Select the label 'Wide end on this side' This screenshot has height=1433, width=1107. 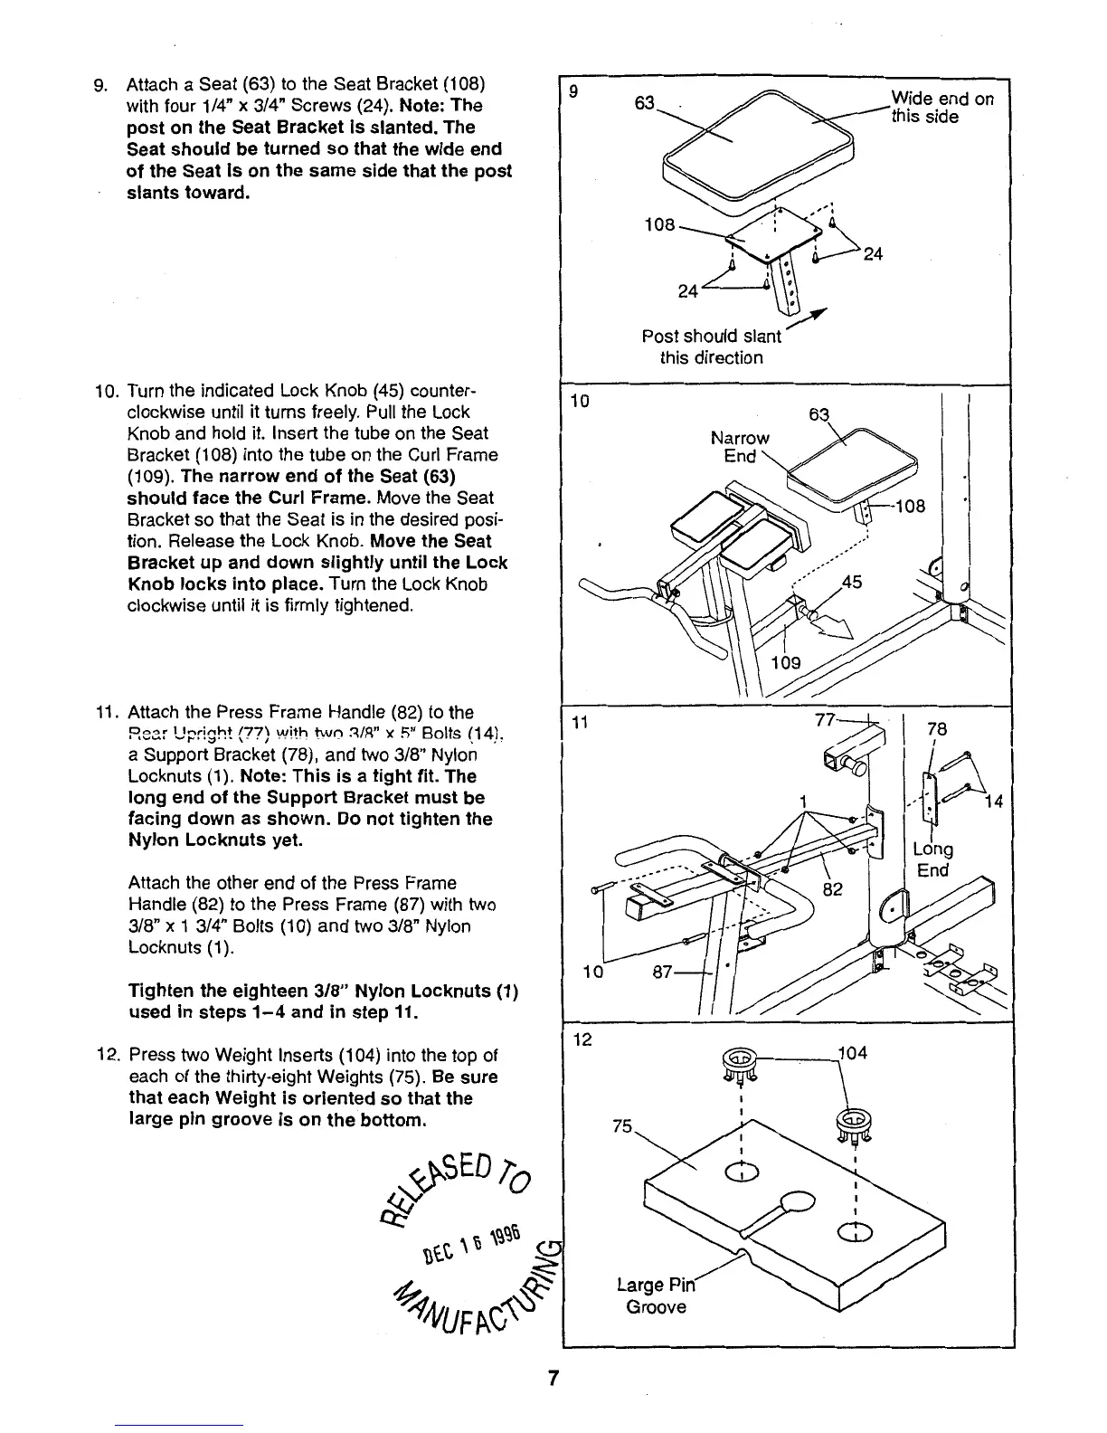coord(941,107)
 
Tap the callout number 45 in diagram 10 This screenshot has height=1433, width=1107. coord(852,584)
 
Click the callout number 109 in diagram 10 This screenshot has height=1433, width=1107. coord(785,662)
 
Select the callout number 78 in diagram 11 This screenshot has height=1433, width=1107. coord(937,728)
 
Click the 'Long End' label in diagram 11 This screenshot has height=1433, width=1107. coord(933,859)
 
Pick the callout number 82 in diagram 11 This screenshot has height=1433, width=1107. coord(832,889)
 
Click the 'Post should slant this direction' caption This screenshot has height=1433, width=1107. coord(711,346)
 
